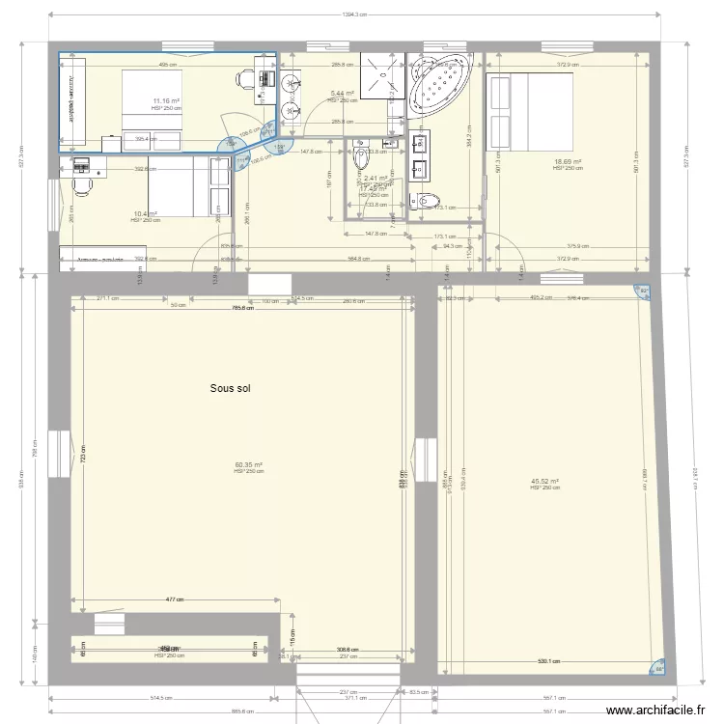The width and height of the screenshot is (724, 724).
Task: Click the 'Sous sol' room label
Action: point(230,388)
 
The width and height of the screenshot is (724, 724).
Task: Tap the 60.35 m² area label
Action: point(249,465)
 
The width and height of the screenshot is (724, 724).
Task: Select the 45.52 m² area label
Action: point(545,483)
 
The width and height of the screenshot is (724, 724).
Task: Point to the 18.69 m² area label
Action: point(568,162)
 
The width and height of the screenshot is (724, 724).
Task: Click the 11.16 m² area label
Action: point(167,100)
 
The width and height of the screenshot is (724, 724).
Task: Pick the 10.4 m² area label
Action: point(146,214)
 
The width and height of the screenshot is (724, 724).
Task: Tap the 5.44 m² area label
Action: point(342,95)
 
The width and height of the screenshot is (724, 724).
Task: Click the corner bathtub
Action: point(441,84)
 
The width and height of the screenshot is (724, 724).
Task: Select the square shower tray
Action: point(377,71)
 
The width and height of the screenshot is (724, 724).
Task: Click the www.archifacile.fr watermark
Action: point(665,710)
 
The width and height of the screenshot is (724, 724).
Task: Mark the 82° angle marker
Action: point(644,292)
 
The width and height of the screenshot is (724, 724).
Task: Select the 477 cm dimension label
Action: point(174,599)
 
